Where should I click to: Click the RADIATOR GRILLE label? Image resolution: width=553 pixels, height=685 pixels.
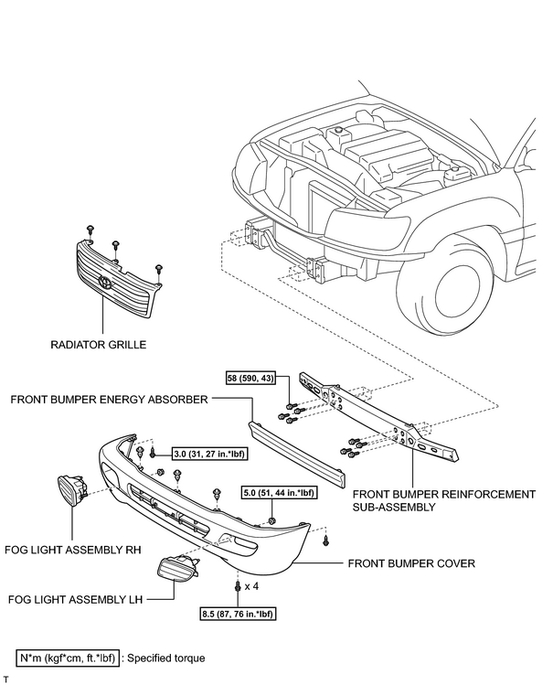click(98, 345)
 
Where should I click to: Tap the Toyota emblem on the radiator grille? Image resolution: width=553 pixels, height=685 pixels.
click(105, 283)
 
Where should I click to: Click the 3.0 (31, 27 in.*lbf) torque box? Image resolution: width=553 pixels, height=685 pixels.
click(209, 454)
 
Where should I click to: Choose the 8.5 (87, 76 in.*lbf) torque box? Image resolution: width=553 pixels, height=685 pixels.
click(239, 614)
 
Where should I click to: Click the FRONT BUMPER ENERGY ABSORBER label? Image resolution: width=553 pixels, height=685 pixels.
click(109, 400)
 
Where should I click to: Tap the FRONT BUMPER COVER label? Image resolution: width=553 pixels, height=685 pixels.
click(411, 563)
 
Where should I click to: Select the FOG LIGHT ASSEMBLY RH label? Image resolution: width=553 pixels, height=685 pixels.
click(73, 550)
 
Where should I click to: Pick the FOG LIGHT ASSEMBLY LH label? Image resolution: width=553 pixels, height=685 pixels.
click(76, 599)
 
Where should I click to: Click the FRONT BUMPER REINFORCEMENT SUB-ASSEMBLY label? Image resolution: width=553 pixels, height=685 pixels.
click(444, 500)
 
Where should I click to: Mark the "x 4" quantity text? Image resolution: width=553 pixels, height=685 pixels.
click(251, 586)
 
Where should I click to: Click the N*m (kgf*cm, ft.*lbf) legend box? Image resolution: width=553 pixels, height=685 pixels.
click(68, 658)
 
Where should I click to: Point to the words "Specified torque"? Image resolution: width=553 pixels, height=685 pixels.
click(165, 658)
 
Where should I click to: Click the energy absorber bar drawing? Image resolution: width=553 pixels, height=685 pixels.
click(297, 454)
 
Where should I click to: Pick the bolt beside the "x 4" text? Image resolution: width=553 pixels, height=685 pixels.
click(238, 586)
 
